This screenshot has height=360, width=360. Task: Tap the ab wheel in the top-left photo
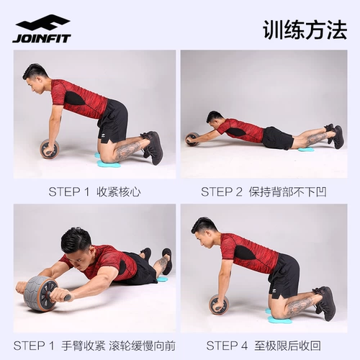coord(50,148)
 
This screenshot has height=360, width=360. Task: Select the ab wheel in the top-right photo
coord(192,138)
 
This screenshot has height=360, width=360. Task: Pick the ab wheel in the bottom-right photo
coord(218,305)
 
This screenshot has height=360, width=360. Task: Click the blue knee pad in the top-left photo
coord(109,163)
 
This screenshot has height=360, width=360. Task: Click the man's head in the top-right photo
coord(214,119)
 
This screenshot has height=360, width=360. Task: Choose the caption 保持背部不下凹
coord(297,192)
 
